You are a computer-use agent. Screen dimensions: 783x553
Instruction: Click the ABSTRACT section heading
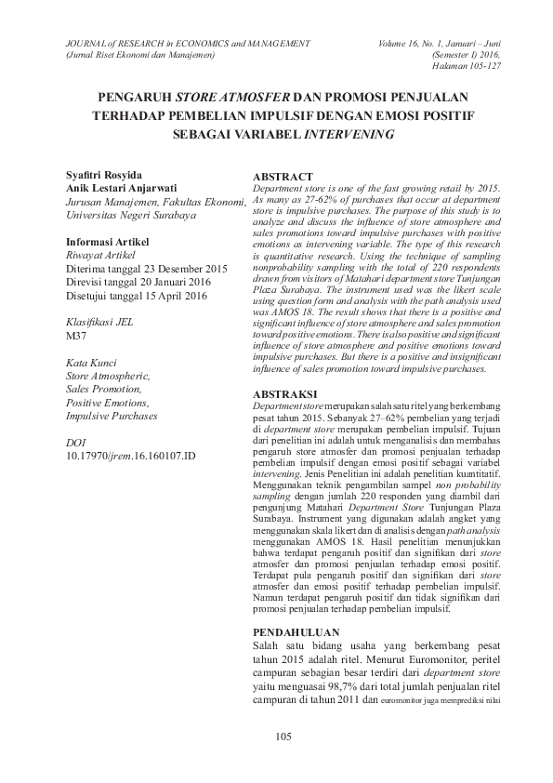coord(283,177)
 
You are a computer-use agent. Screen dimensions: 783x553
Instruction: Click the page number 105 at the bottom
coord(284,737)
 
